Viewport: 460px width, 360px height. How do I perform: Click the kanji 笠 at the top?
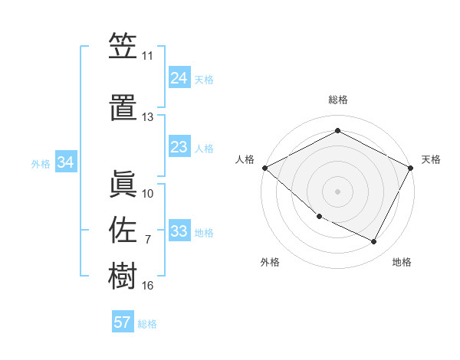123,47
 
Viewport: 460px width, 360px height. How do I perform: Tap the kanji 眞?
123,183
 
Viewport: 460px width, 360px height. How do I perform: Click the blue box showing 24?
179,78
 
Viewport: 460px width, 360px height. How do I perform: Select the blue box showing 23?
179,147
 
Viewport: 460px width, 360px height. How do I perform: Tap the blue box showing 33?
179,231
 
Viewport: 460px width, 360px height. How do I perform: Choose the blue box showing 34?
66,162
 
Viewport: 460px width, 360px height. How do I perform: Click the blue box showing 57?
123,322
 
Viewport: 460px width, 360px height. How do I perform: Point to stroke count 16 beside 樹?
148,286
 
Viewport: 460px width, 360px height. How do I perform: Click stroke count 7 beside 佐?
148,240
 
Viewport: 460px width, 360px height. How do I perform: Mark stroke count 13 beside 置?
148,117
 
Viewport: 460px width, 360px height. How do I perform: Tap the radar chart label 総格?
338,100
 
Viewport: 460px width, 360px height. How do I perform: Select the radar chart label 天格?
431,159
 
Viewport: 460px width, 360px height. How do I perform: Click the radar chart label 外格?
270,262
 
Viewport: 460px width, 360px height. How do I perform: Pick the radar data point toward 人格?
264,167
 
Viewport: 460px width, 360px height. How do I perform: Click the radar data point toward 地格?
374,242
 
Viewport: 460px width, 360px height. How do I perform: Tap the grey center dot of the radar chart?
338,191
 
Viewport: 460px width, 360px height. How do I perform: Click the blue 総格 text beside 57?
147,324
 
